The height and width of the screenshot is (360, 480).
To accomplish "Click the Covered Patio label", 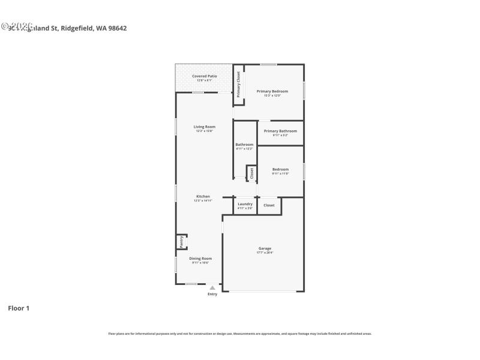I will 204,76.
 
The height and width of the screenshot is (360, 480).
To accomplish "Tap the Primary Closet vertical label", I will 238,85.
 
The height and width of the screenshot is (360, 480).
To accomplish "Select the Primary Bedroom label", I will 272,91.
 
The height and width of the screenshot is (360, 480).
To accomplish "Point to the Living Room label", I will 204,127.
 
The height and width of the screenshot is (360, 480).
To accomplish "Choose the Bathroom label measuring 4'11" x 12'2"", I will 244,145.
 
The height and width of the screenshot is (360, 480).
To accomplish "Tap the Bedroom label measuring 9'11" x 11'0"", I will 280,169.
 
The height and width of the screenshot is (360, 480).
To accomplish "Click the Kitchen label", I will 203,197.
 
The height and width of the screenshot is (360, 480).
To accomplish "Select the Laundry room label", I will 245,204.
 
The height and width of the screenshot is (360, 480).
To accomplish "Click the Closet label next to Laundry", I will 269,205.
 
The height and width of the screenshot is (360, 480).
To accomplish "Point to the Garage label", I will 265,248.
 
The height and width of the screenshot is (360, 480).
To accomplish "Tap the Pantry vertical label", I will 181,242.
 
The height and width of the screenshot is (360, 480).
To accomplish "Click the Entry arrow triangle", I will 212,288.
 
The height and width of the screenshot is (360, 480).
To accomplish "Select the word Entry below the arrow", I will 212,294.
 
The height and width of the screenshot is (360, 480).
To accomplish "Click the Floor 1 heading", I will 18,308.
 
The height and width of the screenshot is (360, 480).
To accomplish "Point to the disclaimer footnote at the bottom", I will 239,334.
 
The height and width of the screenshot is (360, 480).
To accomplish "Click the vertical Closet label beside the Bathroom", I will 252,173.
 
